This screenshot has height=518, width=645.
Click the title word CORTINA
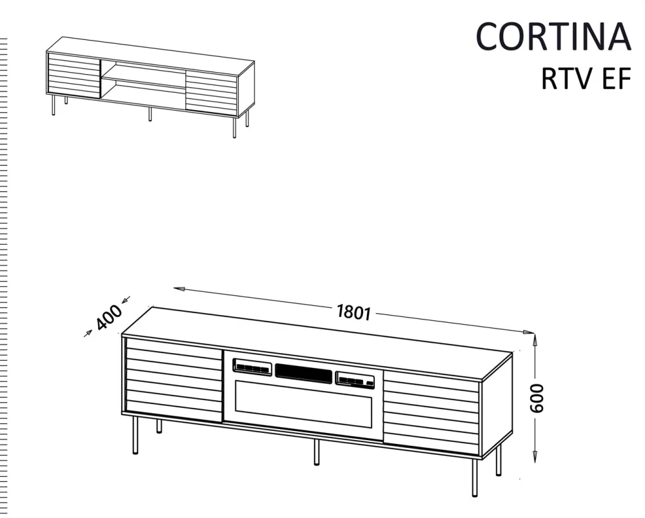pyautogui.click(x=553, y=36)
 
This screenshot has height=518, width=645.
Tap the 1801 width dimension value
pyautogui.click(x=353, y=312)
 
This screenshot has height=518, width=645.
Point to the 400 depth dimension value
pyautogui.click(x=109, y=317)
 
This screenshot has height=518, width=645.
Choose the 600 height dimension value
pyautogui.click(x=537, y=398)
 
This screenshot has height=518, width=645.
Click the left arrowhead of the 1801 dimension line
pyautogui.click(x=179, y=289)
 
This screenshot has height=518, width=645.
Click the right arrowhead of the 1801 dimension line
pyautogui.click(x=528, y=332)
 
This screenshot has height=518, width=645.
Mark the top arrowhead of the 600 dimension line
pyautogui.click(x=535, y=340)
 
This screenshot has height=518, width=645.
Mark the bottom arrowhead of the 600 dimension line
pyautogui.click(x=535, y=456)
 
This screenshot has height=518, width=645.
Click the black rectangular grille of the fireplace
pyautogui.click(x=304, y=374)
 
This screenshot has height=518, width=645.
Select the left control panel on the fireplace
pyautogui.click(x=252, y=367)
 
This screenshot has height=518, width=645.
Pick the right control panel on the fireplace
pyautogui.click(x=355, y=379)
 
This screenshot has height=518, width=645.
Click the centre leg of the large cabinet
pyautogui.click(x=316, y=452)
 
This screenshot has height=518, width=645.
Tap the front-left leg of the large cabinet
pyautogui.click(x=135, y=435)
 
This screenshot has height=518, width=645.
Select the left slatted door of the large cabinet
pyautogui.click(x=174, y=379)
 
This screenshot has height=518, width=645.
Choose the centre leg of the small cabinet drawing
pyautogui.click(x=150, y=114)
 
